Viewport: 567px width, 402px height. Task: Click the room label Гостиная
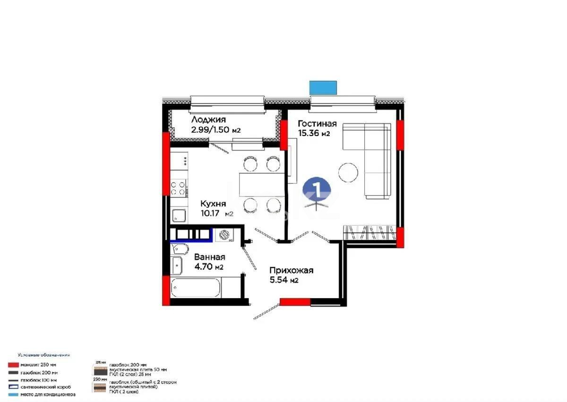(x=317, y=124)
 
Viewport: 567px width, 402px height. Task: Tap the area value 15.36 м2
(x=313, y=134)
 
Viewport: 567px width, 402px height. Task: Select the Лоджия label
(x=209, y=120)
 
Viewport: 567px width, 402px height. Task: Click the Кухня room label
(x=213, y=204)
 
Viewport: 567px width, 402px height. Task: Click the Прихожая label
(x=292, y=271)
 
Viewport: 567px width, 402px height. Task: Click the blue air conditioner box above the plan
(x=323, y=87)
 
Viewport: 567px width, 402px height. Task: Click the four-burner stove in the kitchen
(x=179, y=188)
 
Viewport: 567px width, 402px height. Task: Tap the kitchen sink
(x=179, y=216)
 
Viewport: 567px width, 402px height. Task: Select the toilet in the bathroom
(x=178, y=249)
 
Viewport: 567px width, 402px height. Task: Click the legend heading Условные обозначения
(x=44, y=354)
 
